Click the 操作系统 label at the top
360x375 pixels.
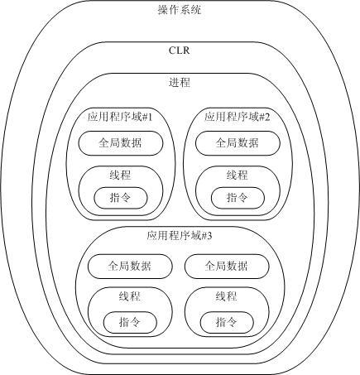[x=180, y=10]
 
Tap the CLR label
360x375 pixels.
[x=180, y=50]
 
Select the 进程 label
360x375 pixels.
[x=180, y=82]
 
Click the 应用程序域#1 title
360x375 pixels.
[x=120, y=117]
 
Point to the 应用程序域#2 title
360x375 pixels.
[x=238, y=117]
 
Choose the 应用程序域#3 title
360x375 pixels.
[x=180, y=236]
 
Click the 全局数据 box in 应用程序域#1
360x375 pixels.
[x=121, y=143]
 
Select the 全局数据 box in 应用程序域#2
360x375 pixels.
[x=238, y=143]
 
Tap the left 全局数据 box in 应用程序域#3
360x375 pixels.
[x=130, y=267]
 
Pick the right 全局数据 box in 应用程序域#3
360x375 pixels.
[x=227, y=267]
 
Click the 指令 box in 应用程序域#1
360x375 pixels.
[x=121, y=198]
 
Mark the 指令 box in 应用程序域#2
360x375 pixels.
[x=238, y=198]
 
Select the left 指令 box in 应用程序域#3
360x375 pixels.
[x=130, y=322]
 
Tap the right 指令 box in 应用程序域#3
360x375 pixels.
[x=227, y=322]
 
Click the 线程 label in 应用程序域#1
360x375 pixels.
[x=120, y=175]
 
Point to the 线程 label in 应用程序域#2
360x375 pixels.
[x=238, y=175]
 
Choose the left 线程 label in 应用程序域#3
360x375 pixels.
[x=130, y=296]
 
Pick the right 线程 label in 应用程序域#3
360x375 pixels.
[x=226, y=296]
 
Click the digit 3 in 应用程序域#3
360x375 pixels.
[x=209, y=236]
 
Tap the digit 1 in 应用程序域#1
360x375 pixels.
[x=150, y=118]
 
